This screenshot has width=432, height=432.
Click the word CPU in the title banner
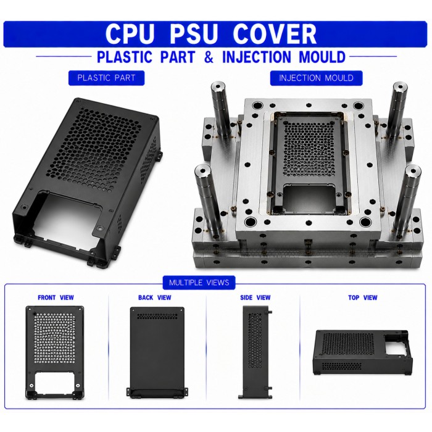pyautogui.click(x=129, y=34)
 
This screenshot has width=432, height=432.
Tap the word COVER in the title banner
pyautogui.click(x=275, y=34)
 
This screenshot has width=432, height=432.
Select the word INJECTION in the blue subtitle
pyautogui.click(x=257, y=57)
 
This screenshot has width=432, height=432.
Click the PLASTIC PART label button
pyautogui.click(x=106, y=78)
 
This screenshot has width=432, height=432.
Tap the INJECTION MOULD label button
pyautogui.click(x=316, y=78)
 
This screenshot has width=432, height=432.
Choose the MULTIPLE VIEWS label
pyautogui.click(x=199, y=283)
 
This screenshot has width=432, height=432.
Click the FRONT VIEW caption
pyautogui.click(x=56, y=297)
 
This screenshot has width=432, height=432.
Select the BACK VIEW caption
pyautogui.click(x=154, y=297)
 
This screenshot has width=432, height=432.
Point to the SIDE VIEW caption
pyautogui.click(x=255, y=297)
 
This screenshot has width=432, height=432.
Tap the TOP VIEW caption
pyautogui.click(x=363, y=297)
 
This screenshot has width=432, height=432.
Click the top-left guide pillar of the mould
pyautogui.click(x=221, y=110)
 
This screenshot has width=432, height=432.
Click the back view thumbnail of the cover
pyautogui.click(x=157, y=353)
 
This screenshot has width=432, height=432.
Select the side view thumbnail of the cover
pyautogui.click(x=255, y=352)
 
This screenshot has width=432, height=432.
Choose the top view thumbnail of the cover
pyautogui.click(x=363, y=352)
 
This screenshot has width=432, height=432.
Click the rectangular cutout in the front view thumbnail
pyautogui.click(x=54, y=382)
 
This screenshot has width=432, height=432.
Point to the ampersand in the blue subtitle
pyautogui.click(x=209, y=57)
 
